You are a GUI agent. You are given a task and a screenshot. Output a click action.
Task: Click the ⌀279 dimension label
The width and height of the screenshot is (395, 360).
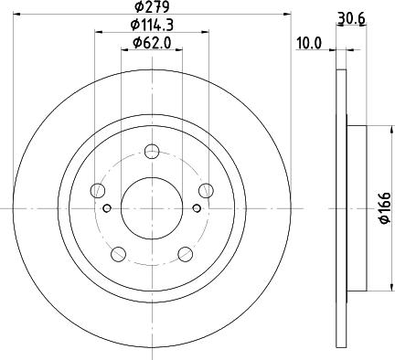pos(152,6)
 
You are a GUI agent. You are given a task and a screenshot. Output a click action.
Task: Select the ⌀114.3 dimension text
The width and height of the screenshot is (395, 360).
pos(152,25)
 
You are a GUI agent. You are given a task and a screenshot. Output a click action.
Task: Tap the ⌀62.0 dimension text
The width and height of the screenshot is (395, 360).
pos(152,43)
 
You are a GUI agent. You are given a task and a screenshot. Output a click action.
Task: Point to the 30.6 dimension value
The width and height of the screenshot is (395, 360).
pos(351,19)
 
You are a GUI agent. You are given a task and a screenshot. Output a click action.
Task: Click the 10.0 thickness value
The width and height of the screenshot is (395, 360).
pos(309,44)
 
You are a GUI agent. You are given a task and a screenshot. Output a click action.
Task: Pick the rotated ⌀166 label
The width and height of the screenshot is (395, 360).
pos(385,208)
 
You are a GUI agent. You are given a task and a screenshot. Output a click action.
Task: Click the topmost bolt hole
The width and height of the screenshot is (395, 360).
pos(152,151)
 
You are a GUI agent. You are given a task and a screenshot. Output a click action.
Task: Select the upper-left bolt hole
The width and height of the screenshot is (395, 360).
pos(98,191)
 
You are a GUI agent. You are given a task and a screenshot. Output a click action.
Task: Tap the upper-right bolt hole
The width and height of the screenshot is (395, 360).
pos(206,190)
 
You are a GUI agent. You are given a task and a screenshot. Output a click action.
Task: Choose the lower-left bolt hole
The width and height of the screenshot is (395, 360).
pos(119,254)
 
